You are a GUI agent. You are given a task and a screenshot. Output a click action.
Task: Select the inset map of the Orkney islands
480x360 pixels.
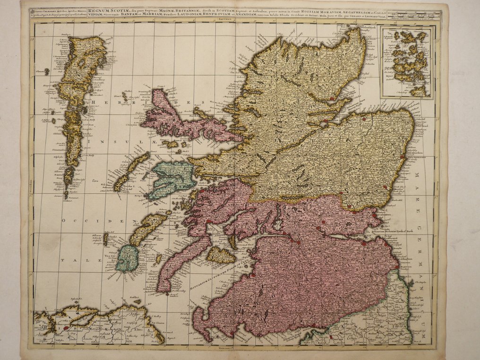pyautogui.click(x=407, y=62)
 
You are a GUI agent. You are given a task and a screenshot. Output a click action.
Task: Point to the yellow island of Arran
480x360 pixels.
pyautogui.click(x=221, y=255)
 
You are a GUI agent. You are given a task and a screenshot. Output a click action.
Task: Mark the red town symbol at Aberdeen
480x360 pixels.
pyautogui.click(x=403, y=157)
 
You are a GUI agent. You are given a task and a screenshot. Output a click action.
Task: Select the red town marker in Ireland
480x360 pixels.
pyautogui.click(x=67, y=327)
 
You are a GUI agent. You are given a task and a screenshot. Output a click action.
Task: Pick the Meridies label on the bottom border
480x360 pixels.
pyautogui.click(x=231, y=348)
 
